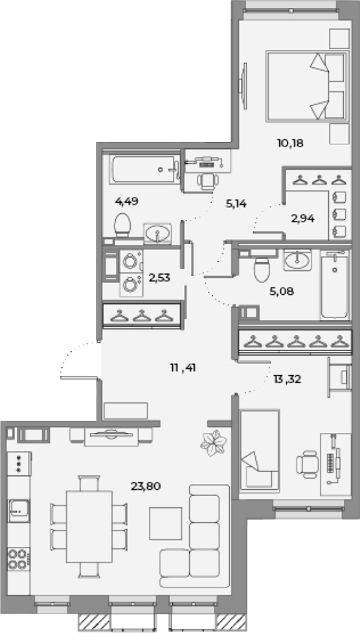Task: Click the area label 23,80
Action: pos(145,486)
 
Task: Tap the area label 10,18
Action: pos(290,143)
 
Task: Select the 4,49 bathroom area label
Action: pos(127,201)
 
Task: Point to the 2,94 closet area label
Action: pos(302,219)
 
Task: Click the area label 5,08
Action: pos(281,291)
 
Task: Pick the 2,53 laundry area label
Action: pos(159,278)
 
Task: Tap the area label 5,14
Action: pos(236,204)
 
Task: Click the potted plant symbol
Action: pos(212,443)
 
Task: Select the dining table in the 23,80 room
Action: pos(89,526)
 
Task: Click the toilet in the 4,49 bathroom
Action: pos(122,225)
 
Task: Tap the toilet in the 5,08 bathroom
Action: pos(262,269)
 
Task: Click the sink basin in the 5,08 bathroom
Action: pos(297,260)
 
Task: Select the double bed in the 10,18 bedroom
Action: pos(307,86)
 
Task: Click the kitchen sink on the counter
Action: pos(19,511)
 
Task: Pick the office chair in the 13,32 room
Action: pos(307,464)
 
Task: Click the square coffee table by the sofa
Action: pos(166,524)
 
